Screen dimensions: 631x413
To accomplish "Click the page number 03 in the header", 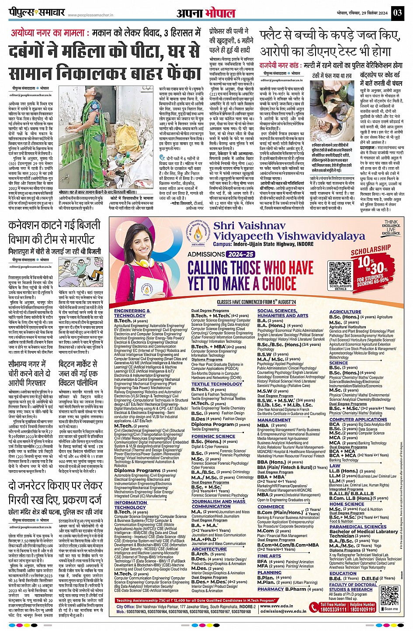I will [x=397, y=12].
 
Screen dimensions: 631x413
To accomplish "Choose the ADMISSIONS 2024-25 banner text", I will [x=221, y=254].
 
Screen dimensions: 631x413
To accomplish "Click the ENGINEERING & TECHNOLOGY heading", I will [x=132, y=313].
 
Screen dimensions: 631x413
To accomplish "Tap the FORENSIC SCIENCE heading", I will [x=213, y=436].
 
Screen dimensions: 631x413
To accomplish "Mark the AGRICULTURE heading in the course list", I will [x=345, y=312].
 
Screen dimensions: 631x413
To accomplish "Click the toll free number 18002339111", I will [x=334, y=609].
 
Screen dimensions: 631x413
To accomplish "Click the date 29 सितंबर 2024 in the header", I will [x=371, y=13].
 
